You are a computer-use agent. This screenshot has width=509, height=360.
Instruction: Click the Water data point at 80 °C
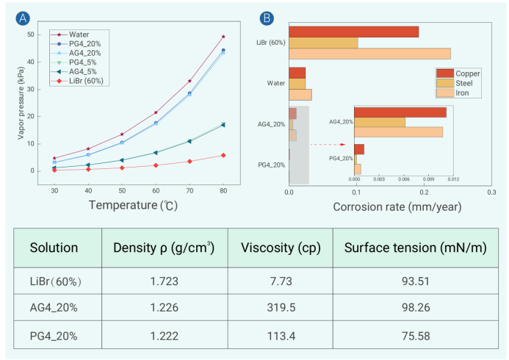(x=223, y=37)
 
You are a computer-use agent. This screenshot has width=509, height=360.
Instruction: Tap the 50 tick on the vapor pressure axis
(x=30, y=35)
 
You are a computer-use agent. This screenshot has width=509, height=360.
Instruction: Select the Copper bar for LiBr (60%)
(x=353, y=32)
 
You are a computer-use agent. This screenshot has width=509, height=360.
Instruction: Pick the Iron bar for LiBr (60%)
(x=369, y=54)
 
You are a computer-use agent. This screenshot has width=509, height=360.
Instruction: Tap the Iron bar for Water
(x=300, y=95)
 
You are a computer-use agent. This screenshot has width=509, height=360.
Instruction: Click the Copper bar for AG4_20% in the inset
(x=400, y=112)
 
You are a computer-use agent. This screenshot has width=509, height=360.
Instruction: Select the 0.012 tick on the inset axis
(x=453, y=179)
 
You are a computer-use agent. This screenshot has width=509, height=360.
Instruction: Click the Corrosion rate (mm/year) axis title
(x=397, y=206)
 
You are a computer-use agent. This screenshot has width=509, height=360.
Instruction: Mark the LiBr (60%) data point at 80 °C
(x=223, y=155)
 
